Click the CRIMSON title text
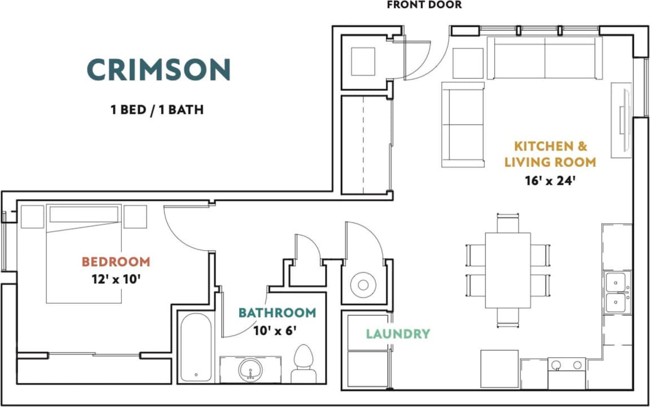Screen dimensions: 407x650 [159, 69]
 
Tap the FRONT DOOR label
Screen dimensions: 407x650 [424, 5]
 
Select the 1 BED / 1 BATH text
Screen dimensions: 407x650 [157, 109]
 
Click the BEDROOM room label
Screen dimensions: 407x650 [116, 262]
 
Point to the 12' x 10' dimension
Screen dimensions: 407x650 [116, 278]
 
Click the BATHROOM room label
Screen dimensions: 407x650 [277, 313]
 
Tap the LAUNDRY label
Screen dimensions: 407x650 [398, 334]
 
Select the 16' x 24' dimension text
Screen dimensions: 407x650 [550, 181]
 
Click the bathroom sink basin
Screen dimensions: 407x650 [250, 370]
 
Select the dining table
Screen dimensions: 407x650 [507, 269]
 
